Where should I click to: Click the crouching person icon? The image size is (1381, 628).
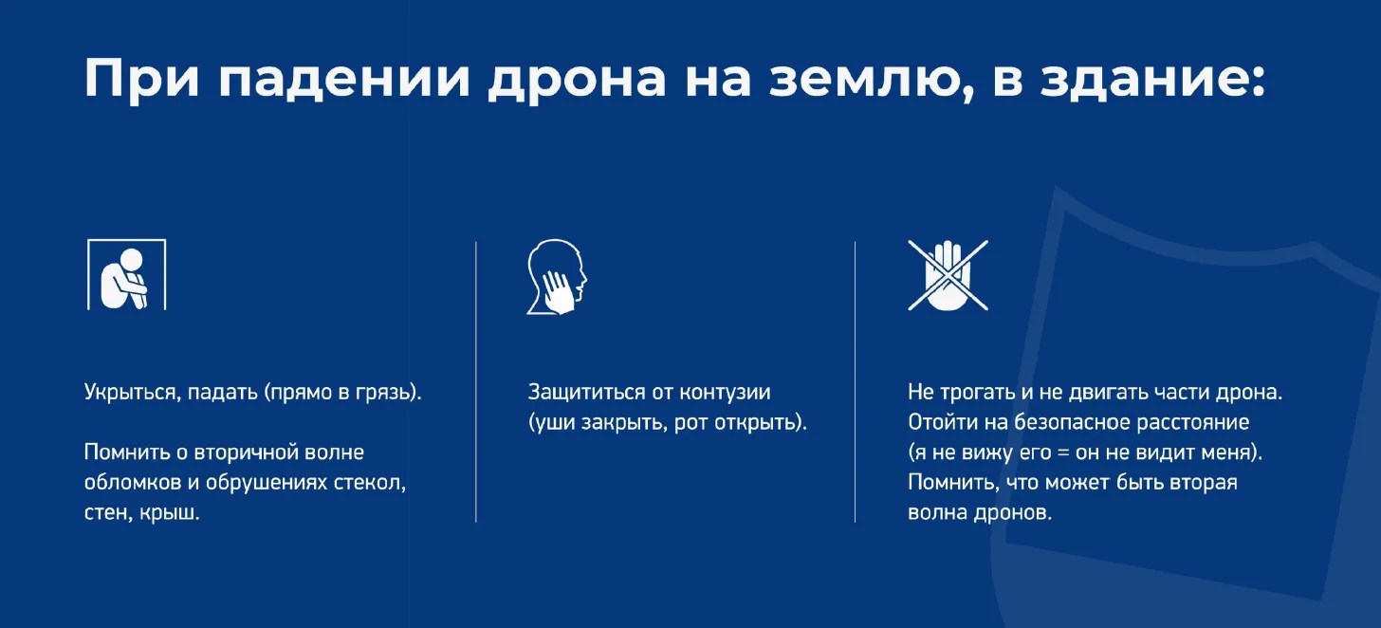(126, 274)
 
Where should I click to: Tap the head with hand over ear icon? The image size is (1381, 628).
(556, 276)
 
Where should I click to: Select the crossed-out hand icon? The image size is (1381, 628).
(948, 275)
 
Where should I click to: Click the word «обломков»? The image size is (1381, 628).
(133, 483)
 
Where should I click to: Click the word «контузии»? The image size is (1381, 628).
(725, 393)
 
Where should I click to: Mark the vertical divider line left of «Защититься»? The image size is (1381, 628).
(476, 382)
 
